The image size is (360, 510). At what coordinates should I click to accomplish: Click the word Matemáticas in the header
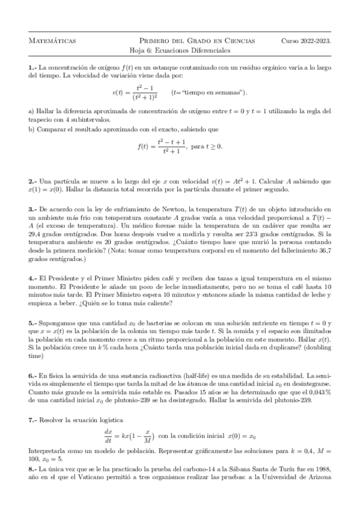52,40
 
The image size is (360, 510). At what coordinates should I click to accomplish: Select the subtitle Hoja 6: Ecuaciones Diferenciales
180,51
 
